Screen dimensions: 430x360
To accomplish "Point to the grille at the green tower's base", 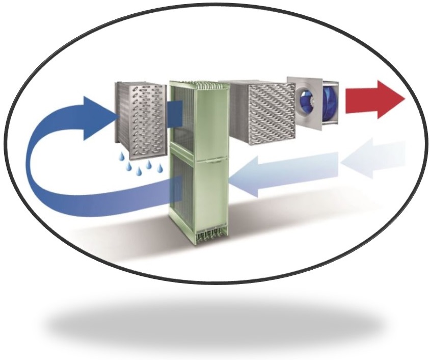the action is pyautogui.click(x=200, y=235).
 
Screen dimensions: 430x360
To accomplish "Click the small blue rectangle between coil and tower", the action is pyautogui.click(x=174, y=113).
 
